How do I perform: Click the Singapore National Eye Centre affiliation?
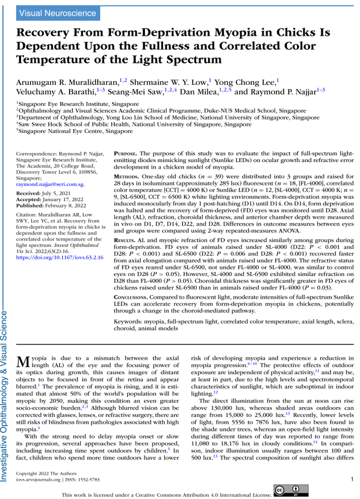pyautogui.click(x=75, y=131)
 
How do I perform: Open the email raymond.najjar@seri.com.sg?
pyautogui.click(x=50, y=184)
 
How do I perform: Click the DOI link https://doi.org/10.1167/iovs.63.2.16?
pyautogui.click(x=60, y=257)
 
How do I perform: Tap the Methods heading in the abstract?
pyautogui.click(x=127, y=177)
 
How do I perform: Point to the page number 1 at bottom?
pyautogui.click(x=352, y=479)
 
